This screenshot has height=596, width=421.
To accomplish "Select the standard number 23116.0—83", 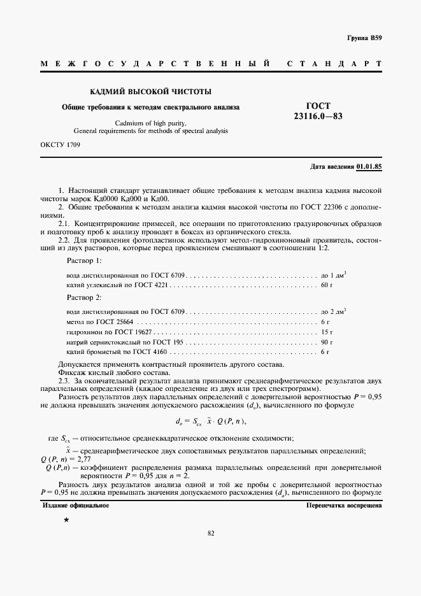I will (318, 117).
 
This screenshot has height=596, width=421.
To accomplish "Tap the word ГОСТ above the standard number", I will (318, 106).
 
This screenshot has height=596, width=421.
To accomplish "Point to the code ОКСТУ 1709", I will (60, 145).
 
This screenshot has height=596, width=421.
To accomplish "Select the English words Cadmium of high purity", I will (150, 122).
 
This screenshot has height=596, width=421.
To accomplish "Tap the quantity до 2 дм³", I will (333, 312).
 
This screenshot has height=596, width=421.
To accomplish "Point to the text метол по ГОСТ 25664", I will (100, 323).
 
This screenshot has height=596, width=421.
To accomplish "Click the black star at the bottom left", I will (66, 521).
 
